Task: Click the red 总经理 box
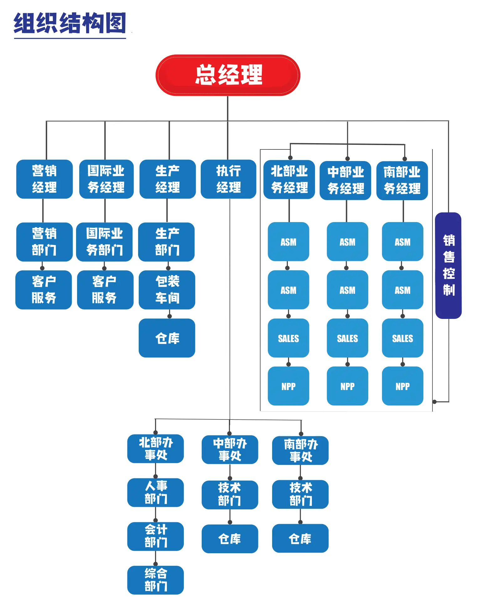[x=228, y=75]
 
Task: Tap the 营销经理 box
[x=44, y=179]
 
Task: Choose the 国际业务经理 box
[x=106, y=179]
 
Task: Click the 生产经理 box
[x=168, y=179]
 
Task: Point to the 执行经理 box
[x=228, y=179]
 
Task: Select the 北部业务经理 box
[x=289, y=180]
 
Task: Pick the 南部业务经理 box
[x=402, y=180]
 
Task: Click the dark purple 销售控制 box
[x=448, y=265]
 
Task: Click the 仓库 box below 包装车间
[x=167, y=338]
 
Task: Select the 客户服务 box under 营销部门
[x=44, y=290]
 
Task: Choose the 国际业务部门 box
[x=104, y=242]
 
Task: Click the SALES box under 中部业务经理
[x=347, y=338]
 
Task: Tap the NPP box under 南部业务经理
[x=402, y=386]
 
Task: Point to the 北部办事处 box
[x=155, y=449]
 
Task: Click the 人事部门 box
[x=155, y=492]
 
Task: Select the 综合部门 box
[x=155, y=580]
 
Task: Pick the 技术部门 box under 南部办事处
[x=300, y=494]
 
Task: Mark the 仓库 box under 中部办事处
[x=230, y=539]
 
